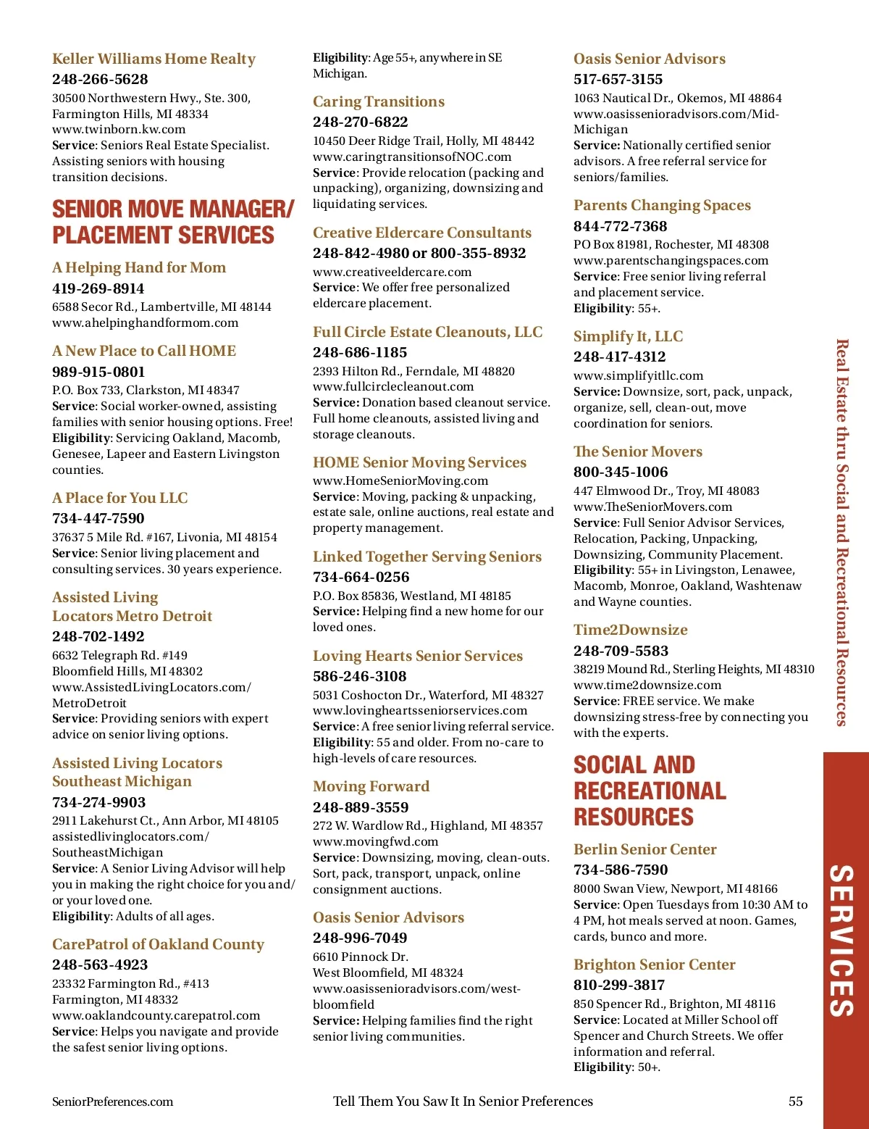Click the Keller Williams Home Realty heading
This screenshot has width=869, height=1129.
pos(154,59)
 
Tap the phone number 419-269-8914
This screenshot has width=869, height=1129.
pos(98,288)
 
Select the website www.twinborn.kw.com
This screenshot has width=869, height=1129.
pos(119,129)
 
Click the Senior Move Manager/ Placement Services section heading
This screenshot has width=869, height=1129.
pos(172,222)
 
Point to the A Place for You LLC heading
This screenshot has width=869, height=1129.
pos(119,498)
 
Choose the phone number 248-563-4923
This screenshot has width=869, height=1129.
pos(100,965)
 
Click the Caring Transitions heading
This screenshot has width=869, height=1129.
pos(379,101)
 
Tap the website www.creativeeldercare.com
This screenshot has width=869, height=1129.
pos(392,272)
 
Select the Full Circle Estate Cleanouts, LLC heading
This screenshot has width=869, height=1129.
pos(427,332)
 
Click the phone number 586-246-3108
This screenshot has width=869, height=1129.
pos(360,676)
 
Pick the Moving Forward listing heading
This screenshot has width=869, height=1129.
pos(371,786)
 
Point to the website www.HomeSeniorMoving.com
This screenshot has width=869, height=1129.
pos(400,480)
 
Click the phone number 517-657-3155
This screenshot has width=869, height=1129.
pos(618,79)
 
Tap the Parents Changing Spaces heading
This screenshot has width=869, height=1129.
pos(662,205)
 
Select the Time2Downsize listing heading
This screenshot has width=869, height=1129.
pos(630,630)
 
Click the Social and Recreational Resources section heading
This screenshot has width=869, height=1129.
pos(650,791)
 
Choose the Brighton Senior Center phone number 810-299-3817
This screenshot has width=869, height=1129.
pos(619,985)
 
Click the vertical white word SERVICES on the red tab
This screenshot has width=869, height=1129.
pos(841,940)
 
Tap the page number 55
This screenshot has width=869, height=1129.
pos(795,1101)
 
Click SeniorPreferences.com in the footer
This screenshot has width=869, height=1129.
pos(112,1101)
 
